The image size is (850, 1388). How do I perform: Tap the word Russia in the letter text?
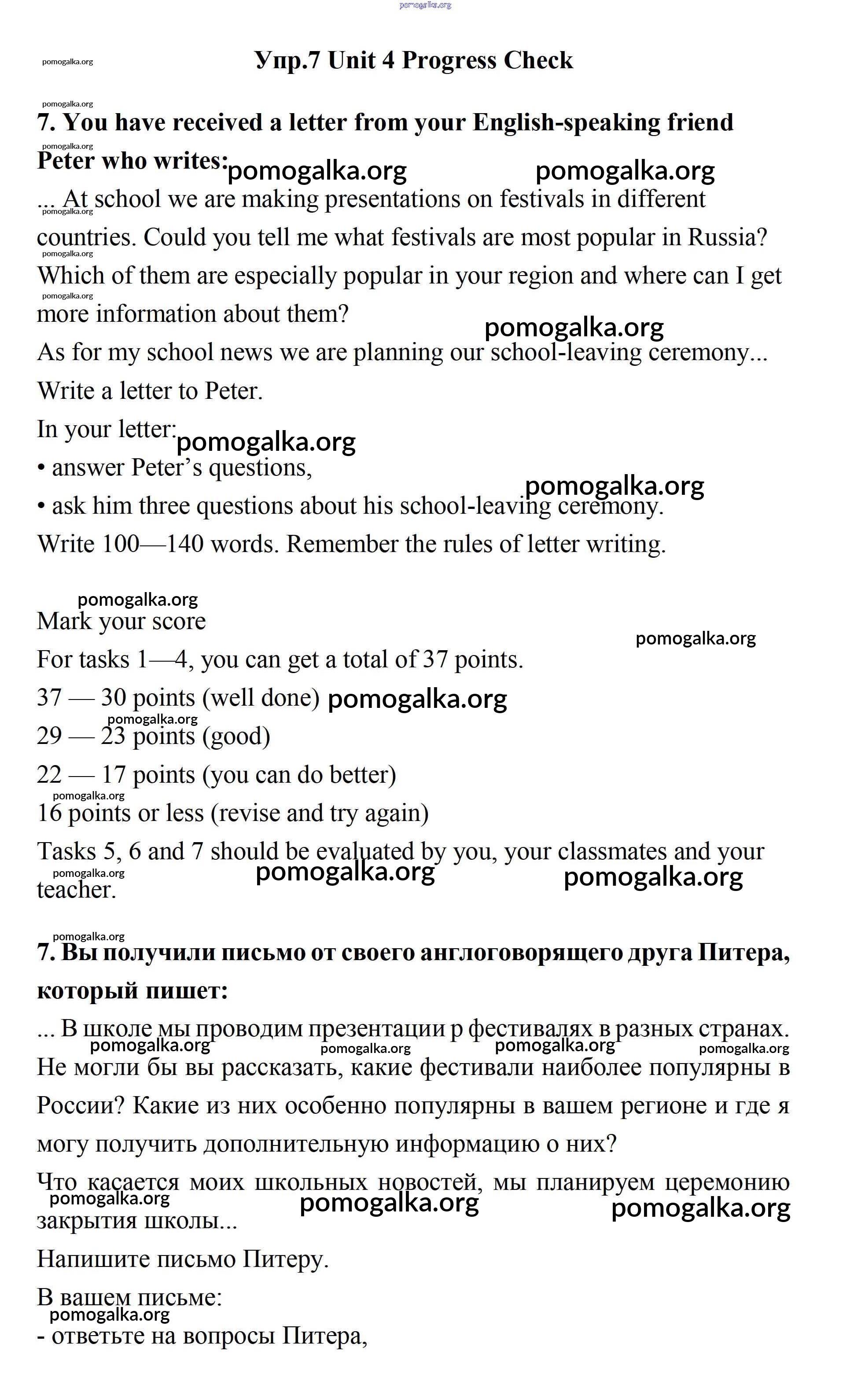click(727, 238)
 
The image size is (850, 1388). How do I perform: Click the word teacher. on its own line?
click(77, 890)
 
